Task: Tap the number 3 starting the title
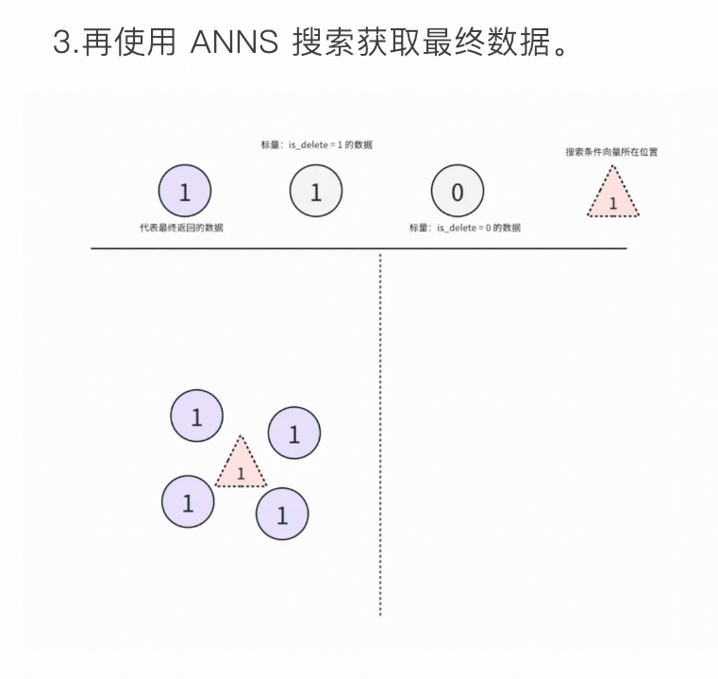coord(63,43)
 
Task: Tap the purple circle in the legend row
coord(184,192)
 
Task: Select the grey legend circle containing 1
coord(315,192)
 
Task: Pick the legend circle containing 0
coord(457,192)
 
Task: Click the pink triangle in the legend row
coord(613,195)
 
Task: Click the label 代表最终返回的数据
coord(182,228)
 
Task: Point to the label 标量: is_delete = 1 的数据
coord(316,144)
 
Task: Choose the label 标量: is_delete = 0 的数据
coord(464,228)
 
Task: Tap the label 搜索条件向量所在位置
coord(611,151)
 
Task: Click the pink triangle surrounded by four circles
coord(241,467)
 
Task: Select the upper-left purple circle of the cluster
coord(196,416)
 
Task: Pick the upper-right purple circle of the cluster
coord(293,433)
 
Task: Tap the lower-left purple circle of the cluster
coord(188,501)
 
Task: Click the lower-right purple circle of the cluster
coord(282,514)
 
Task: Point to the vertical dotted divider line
coord(380,434)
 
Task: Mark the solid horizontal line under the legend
coord(359,248)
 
